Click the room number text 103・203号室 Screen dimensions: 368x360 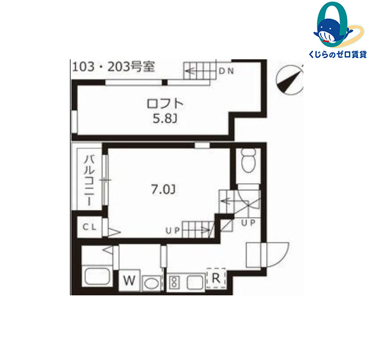tap(113, 67)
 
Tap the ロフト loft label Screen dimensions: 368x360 tap(165, 104)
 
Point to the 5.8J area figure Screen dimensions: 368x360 tap(165, 119)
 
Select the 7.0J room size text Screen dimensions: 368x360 tap(164, 189)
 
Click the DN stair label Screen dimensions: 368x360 tap(226, 71)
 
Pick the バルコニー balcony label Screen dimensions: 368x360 tap(89, 180)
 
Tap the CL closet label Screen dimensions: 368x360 tap(89, 227)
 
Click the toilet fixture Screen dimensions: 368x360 tap(248, 160)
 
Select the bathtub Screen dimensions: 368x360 tap(97, 276)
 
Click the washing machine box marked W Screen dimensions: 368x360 tap(129, 280)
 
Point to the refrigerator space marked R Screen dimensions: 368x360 tap(216, 278)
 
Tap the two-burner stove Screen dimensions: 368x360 tap(174, 282)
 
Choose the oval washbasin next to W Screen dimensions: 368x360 tap(151, 283)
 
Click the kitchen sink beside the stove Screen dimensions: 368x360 tap(195, 282)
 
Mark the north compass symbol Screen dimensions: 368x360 tap(290, 80)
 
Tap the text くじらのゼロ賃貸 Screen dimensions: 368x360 tap(338, 55)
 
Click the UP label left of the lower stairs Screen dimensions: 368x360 tap(172, 231)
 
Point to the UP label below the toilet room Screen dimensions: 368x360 tap(248, 222)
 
